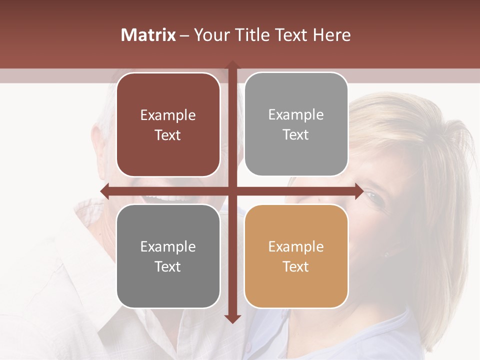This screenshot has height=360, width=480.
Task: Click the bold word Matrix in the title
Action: [x=148, y=35]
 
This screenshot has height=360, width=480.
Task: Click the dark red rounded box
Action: [x=168, y=125]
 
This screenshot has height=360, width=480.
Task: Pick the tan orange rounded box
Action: [x=296, y=256]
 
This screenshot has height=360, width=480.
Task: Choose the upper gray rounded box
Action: [x=296, y=124]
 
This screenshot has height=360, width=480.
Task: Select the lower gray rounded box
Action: [x=168, y=256]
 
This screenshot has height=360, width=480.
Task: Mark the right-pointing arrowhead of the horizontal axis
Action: [x=358, y=191]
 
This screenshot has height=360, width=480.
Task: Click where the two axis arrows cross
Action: [x=232, y=191]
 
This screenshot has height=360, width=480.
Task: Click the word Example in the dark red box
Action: [x=168, y=115]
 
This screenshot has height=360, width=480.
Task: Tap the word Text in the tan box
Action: [x=296, y=266]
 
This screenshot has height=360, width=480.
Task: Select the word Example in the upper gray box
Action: [x=296, y=115]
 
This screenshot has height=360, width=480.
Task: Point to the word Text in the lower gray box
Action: [x=168, y=266]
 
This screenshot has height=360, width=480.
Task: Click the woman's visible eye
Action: [x=374, y=196]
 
